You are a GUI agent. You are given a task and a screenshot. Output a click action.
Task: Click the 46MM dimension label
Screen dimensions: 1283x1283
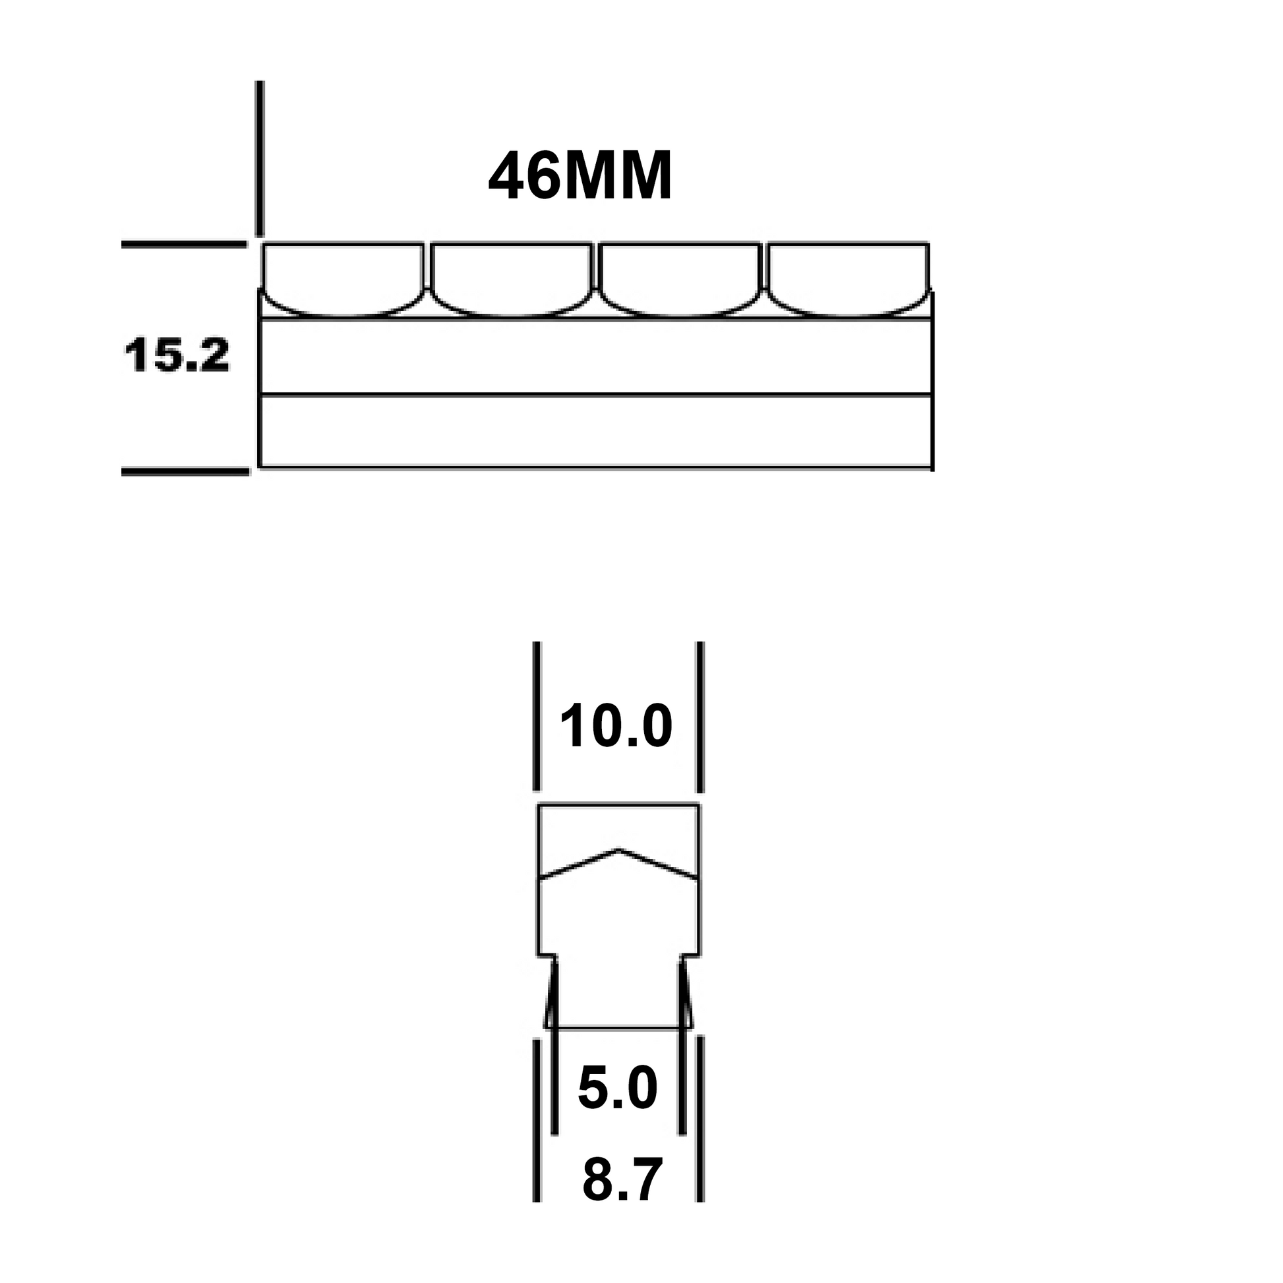point(580,176)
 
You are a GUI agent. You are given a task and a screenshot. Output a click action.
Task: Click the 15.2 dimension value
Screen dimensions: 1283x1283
point(177,355)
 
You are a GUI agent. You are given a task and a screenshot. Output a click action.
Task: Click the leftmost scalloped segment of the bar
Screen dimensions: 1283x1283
point(343,279)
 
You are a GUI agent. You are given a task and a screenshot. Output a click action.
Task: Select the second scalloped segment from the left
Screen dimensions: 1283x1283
point(511,279)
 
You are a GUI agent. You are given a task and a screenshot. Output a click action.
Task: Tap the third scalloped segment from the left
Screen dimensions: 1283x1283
point(678,279)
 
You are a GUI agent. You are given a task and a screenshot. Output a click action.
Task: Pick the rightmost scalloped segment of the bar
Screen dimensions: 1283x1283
point(848,279)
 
